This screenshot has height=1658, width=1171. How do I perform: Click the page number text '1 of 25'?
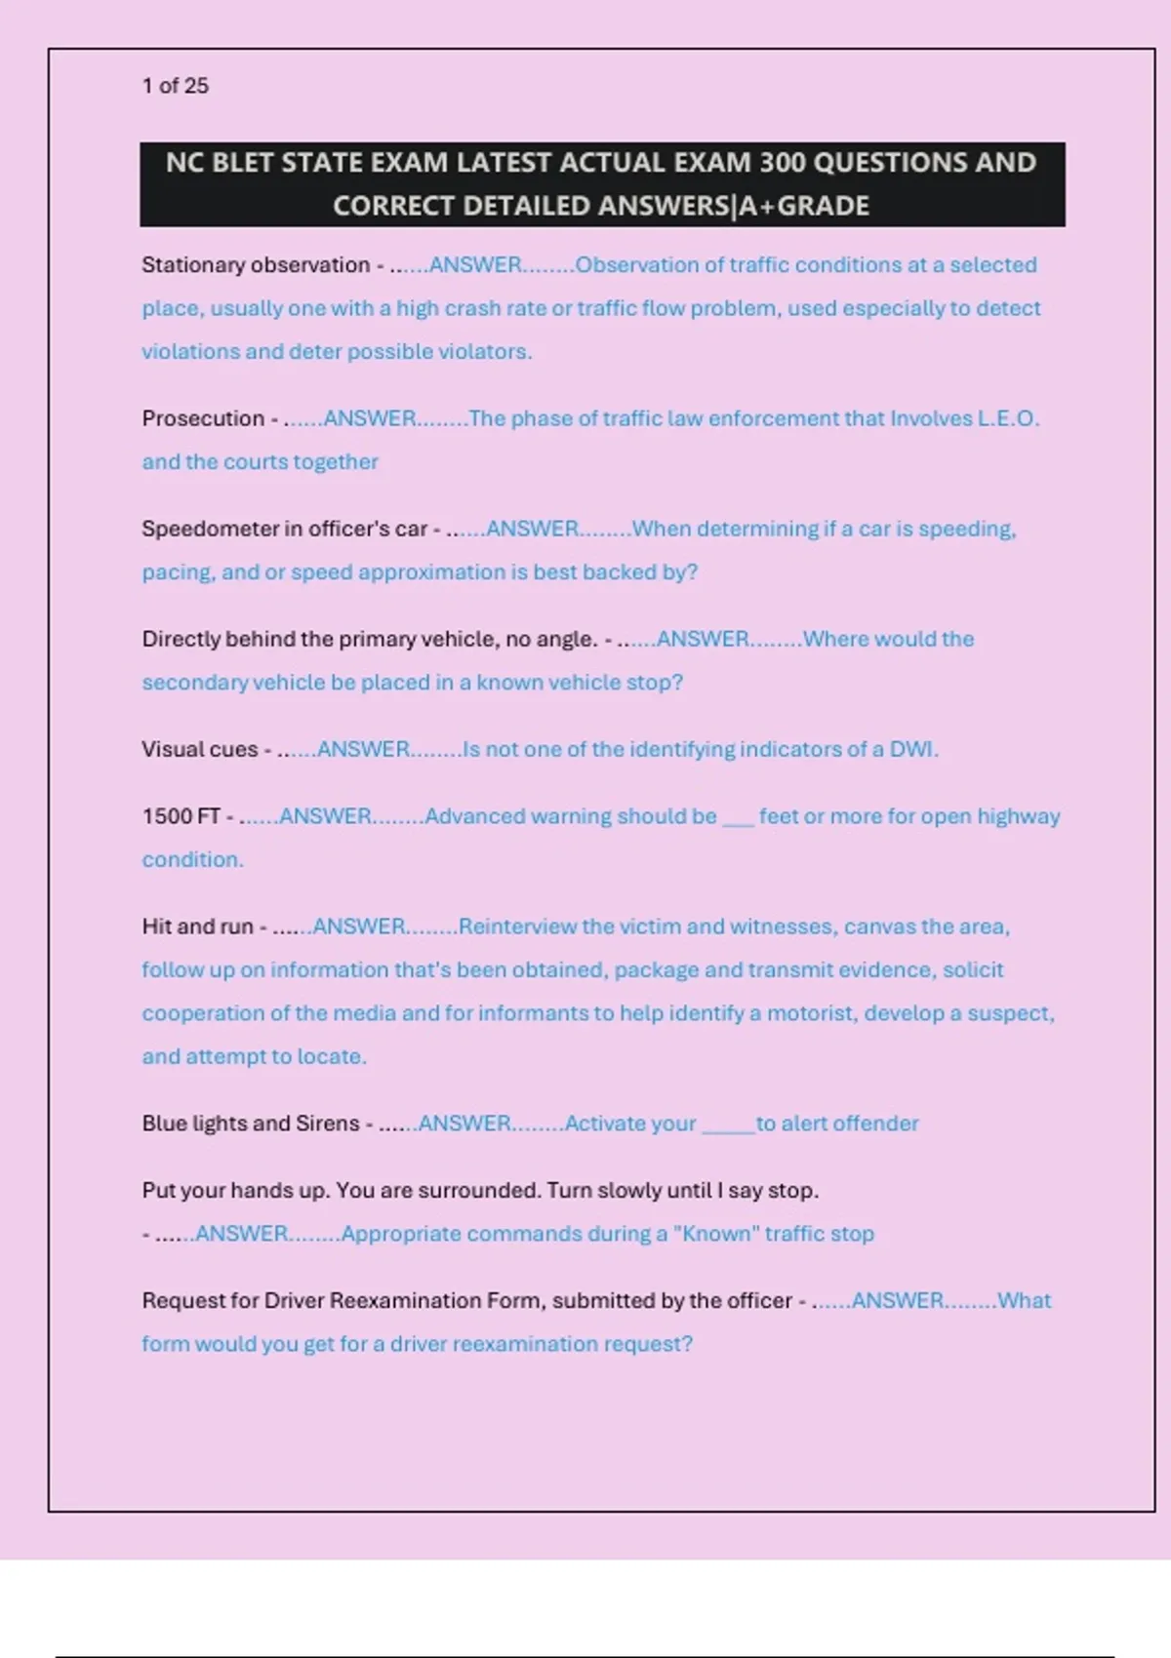pyautogui.click(x=176, y=86)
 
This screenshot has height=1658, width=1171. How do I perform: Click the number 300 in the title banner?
pyautogui.click(x=783, y=162)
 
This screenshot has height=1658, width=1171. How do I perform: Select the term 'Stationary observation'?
pyautogui.click(x=255, y=265)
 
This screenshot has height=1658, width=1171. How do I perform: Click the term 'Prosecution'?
pyautogui.click(x=203, y=418)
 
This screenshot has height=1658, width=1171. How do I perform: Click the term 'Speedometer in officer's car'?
pyautogui.click(x=284, y=529)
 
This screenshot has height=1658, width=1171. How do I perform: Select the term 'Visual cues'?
pyautogui.click(x=199, y=749)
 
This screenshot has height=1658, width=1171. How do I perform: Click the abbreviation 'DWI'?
pyautogui.click(x=910, y=749)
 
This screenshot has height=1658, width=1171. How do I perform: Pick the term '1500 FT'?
pyautogui.click(x=181, y=816)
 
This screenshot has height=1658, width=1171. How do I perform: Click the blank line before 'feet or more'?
pyautogui.click(x=738, y=819)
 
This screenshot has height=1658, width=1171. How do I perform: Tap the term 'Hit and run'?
pyautogui.click(x=197, y=927)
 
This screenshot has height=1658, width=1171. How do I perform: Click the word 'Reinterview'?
pyautogui.click(x=517, y=927)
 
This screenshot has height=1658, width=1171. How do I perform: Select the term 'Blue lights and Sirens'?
pyautogui.click(x=251, y=1124)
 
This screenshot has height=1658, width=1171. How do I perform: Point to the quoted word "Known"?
pyautogui.click(x=715, y=1234)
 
